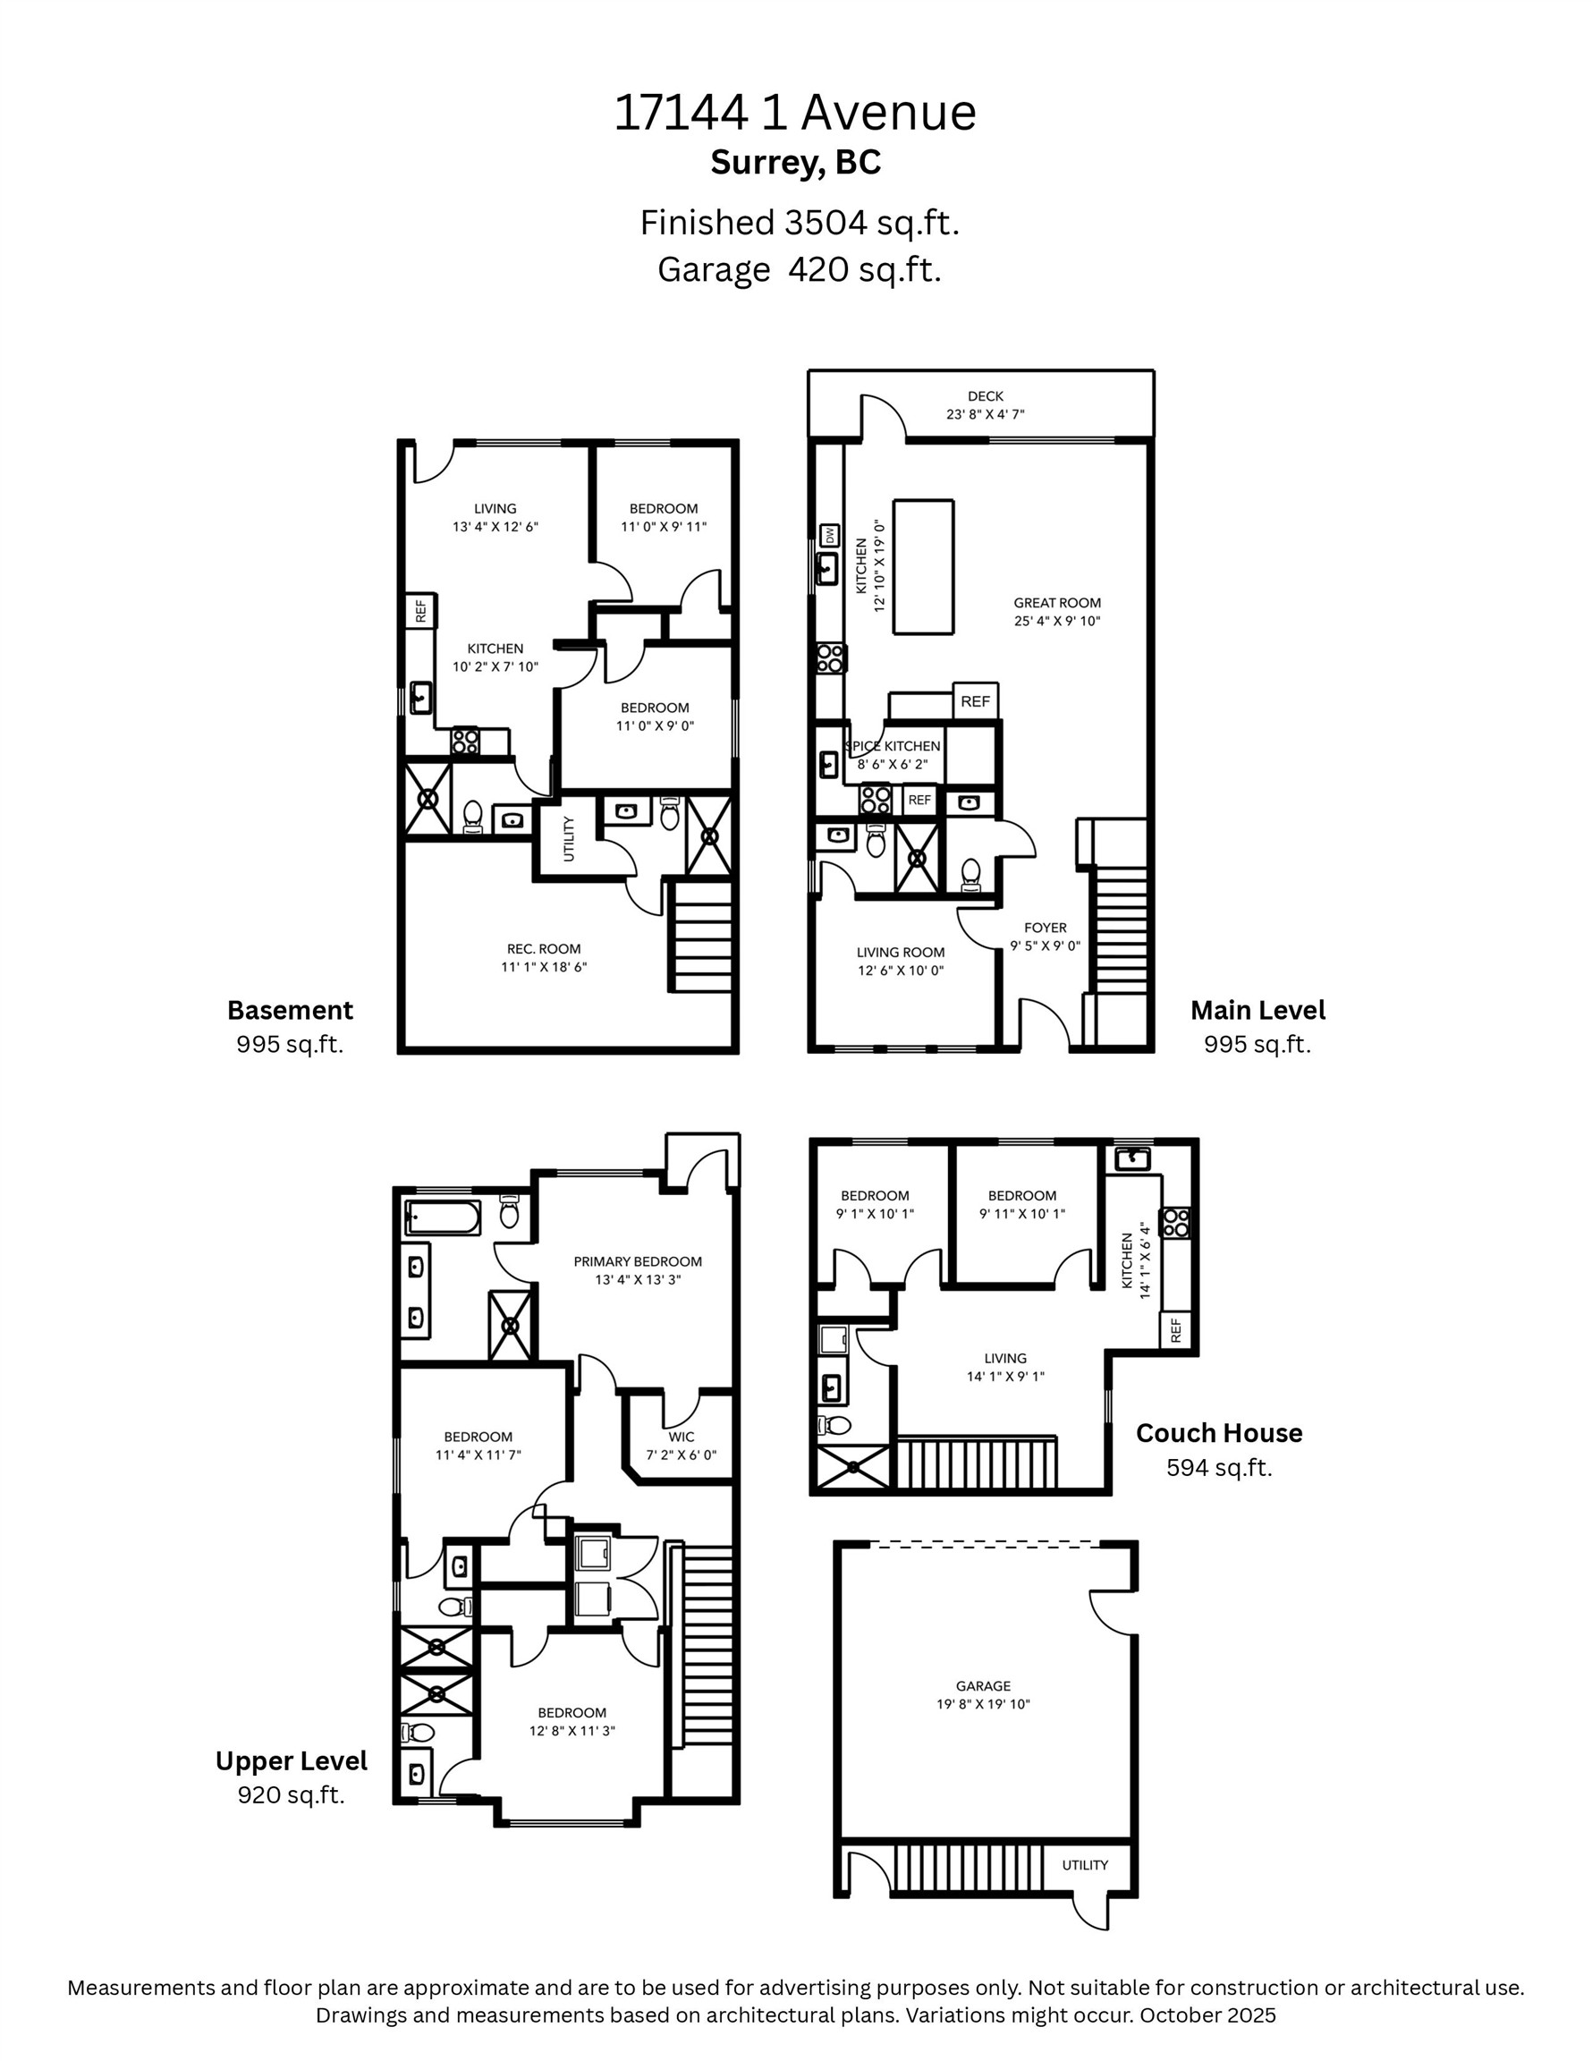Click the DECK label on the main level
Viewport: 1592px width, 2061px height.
tap(986, 396)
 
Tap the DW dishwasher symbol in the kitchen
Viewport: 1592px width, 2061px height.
tap(829, 535)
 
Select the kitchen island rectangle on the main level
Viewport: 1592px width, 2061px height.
tap(922, 567)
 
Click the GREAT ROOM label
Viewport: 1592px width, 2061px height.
tap(1057, 603)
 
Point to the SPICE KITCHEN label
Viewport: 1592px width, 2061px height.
tap(893, 745)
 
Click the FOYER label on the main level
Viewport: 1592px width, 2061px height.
tap(1045, 928)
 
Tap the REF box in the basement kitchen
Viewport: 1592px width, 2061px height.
tap(421, 611)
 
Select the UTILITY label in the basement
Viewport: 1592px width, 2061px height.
tap(568, 838)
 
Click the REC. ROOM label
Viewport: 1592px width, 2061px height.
tap(544, 949)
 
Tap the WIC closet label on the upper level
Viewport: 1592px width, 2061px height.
tap(682, 1438)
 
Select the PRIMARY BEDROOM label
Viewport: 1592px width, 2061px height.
tap(638, 1260)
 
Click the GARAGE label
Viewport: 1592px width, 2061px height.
tap(982, 1685)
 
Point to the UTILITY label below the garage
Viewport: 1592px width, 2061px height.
tap(1084, 1865)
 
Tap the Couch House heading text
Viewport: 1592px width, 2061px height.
tap(1218, 1432)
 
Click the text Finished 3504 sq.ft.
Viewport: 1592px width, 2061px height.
tap(800, 223)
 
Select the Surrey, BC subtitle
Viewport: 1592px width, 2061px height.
tap(795, 162)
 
